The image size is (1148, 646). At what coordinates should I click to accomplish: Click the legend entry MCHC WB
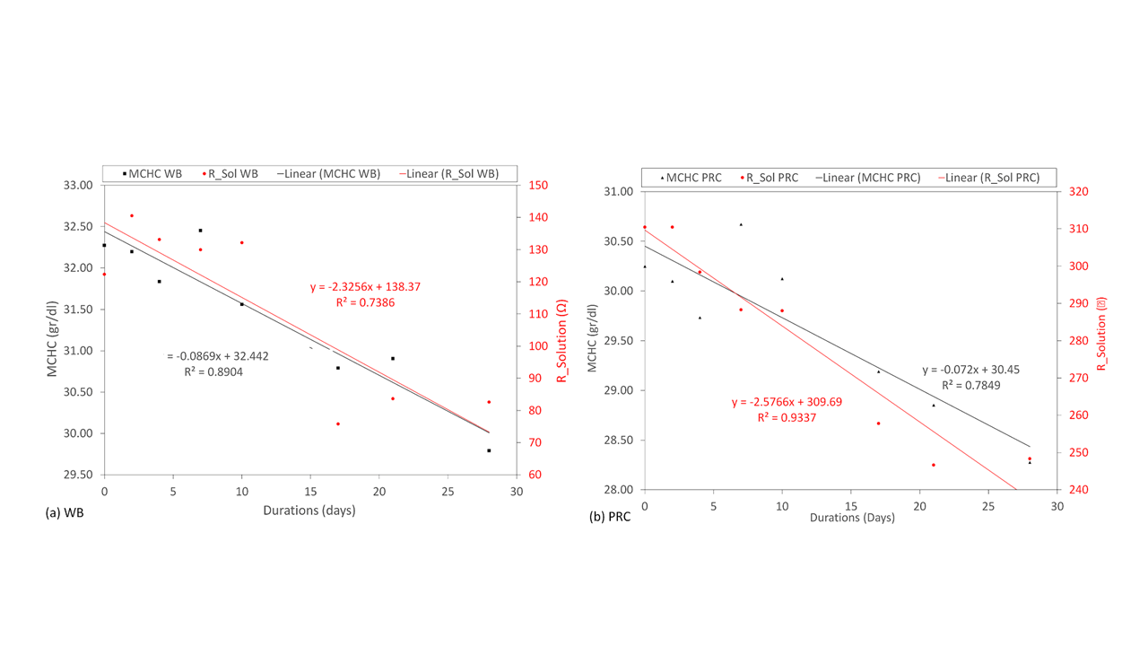coord(155,174)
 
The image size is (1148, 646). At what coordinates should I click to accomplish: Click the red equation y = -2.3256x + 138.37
coord(365,287)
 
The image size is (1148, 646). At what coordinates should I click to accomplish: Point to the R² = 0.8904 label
coord(213,371)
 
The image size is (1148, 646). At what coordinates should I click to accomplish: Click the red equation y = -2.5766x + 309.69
coord(787,402)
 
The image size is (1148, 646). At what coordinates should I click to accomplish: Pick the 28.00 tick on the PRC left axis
coord(620,490)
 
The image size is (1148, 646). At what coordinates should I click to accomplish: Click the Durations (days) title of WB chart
coord(309,511)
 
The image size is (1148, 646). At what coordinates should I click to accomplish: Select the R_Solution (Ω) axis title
coord(563,329)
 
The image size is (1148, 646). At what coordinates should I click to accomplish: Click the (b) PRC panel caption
coord(610,518)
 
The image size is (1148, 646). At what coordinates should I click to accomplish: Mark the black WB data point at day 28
coord(489,450)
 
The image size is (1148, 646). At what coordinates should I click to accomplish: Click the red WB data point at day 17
coord(338,423)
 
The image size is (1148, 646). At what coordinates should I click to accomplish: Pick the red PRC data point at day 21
coord(933,465)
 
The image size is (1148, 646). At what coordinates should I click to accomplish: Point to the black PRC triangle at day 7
coord(741,224)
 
